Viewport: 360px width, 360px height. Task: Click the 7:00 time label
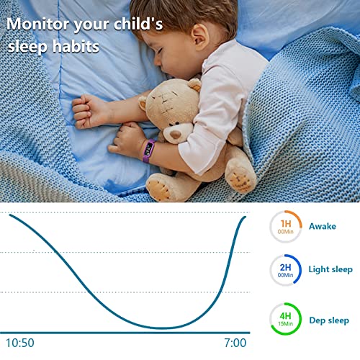(234, 343)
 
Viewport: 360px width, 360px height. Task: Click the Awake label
(322, 226)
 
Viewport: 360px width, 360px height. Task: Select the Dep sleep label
(328, 320)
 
